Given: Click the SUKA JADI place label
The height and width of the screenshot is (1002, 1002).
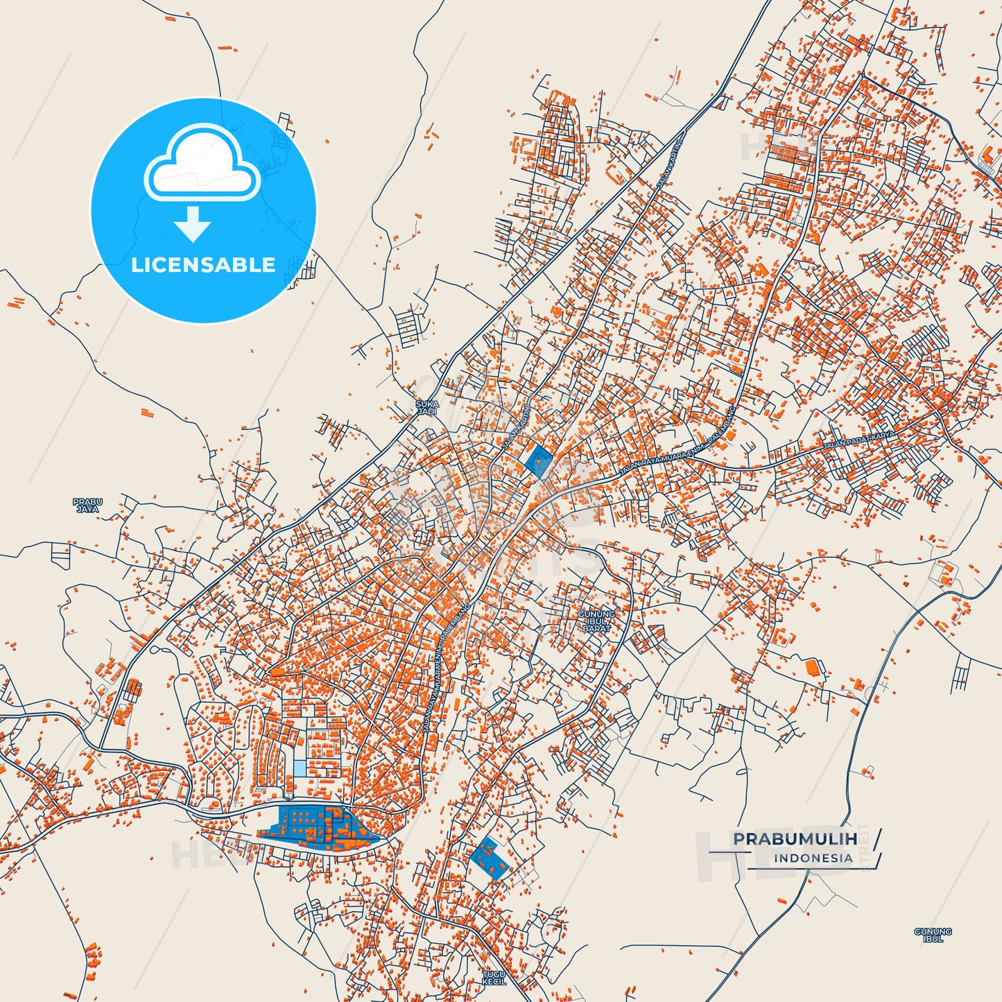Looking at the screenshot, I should click(x=427, y=408).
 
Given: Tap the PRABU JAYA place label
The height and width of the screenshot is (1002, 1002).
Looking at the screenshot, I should click(x=87, y=506).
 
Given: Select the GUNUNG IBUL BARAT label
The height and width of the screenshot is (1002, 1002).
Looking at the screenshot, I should click(x=596, y=621).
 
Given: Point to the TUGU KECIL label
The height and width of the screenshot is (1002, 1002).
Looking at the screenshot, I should click(x=494, y=978).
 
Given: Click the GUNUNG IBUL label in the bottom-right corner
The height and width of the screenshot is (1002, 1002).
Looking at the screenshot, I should click(x=933, y=935).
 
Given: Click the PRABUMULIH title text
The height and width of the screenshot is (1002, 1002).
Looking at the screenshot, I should click(x=795, y=839).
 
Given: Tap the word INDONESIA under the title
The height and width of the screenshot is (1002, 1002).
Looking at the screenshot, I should click(x=813, y=858).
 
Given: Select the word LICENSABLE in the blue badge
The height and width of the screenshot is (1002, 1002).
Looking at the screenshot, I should click(x=203, y=265).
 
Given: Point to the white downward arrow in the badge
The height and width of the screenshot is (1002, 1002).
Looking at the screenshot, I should click(x=193, y=224).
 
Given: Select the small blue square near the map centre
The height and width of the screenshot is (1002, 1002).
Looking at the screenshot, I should click(x=539, y=460).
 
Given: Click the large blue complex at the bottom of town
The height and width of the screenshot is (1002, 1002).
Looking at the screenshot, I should click(x=316, y=827).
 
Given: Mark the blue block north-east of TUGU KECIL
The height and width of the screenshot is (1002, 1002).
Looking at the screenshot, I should click(x=490, y=858).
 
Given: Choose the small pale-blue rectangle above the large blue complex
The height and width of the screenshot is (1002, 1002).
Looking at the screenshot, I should click(x=299, y=768).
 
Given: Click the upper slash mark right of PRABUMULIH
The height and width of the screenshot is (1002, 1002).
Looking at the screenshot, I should click(x=877, y=838).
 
